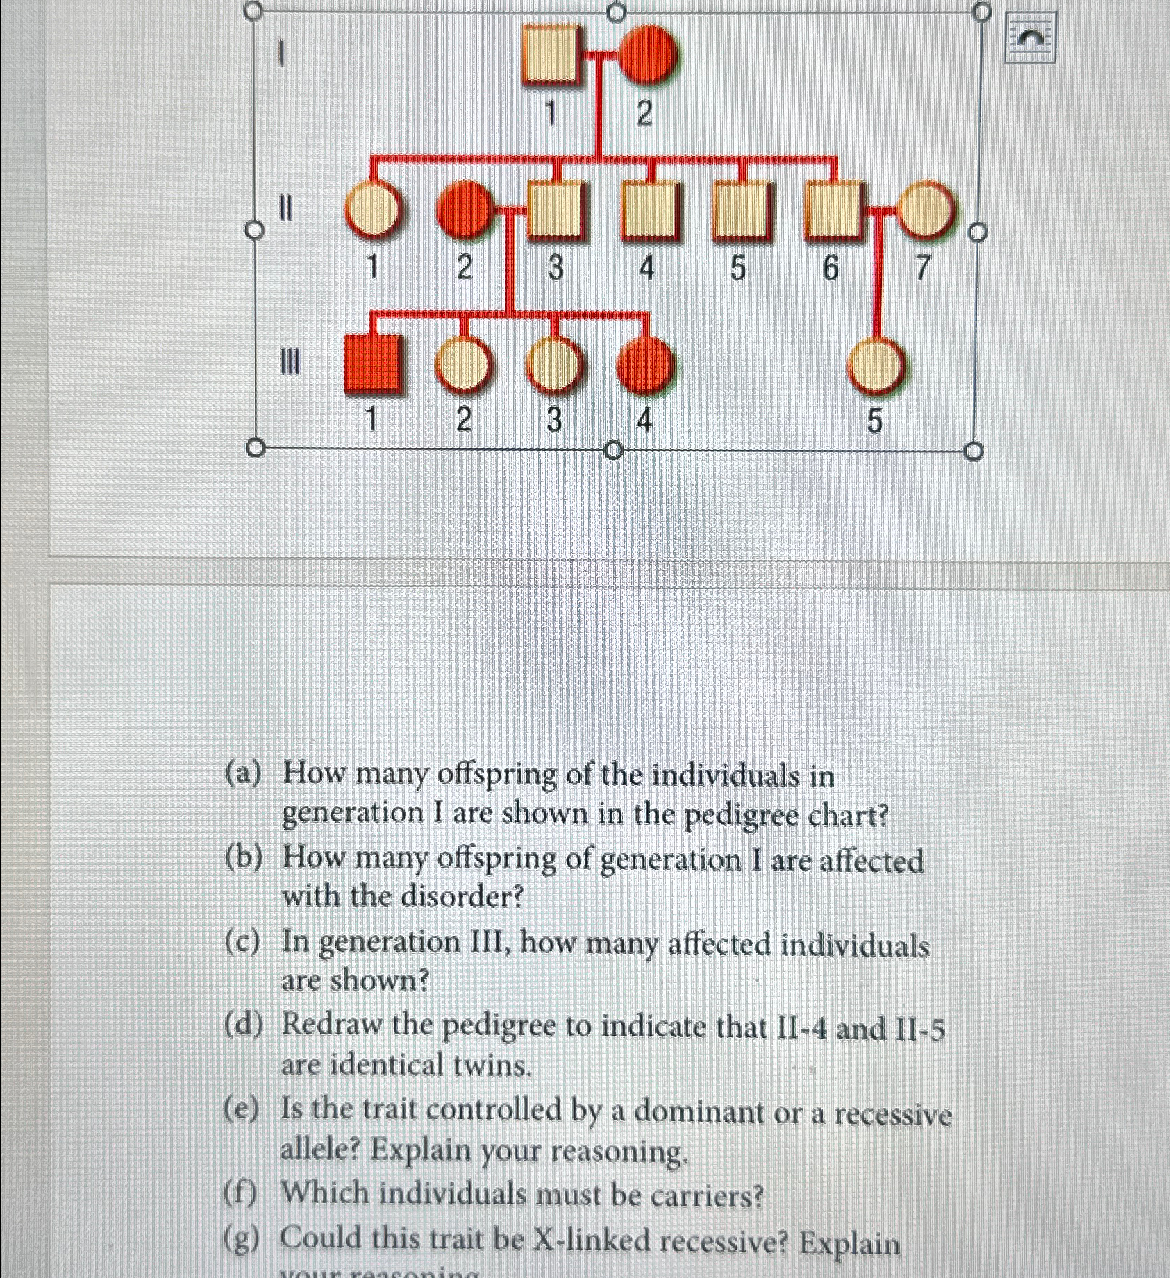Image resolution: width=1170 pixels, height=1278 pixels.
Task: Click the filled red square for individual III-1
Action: (373, 364)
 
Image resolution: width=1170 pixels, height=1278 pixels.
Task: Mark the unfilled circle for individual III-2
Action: (464, 364)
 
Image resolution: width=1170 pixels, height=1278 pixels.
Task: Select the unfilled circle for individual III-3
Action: (554, 364)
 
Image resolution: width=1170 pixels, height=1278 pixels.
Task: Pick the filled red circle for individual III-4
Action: (646, 364)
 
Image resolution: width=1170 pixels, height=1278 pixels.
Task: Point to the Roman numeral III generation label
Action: (289, 362)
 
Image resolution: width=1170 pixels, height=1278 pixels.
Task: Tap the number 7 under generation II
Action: (921, 268)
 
